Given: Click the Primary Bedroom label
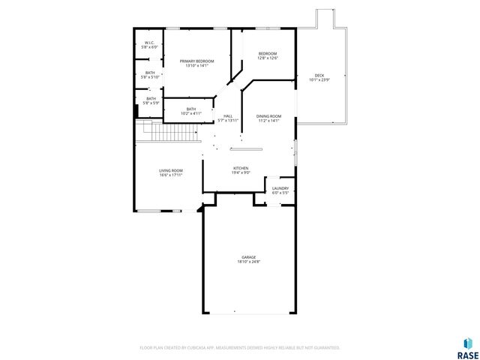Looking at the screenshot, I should click(x=196, y=61).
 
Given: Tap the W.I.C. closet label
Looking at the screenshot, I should click(x=150, y=43).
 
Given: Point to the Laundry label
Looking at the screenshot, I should click(x=280, y=188).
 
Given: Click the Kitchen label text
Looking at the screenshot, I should click(x=241, y=168).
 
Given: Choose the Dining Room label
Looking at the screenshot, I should click(x=268, y=116).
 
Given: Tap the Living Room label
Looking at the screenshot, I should click(x=171, y=170).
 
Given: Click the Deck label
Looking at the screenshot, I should click(x=319, y=75).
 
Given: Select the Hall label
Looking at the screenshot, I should click(x=228, y=115).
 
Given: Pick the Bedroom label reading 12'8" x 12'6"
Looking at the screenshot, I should click(x=268, y=54).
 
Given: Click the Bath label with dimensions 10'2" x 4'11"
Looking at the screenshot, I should click(x=191, y=109).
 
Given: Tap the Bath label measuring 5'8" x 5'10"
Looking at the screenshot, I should click(x=150, y=73).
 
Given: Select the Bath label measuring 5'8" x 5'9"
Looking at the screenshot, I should click(x=151, y=98).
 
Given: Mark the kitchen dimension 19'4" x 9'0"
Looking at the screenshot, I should click(x=241, y=173).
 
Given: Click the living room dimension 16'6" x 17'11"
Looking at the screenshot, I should click(x=171, y=175).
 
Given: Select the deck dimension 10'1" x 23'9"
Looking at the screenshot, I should click(x=319, y=80).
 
